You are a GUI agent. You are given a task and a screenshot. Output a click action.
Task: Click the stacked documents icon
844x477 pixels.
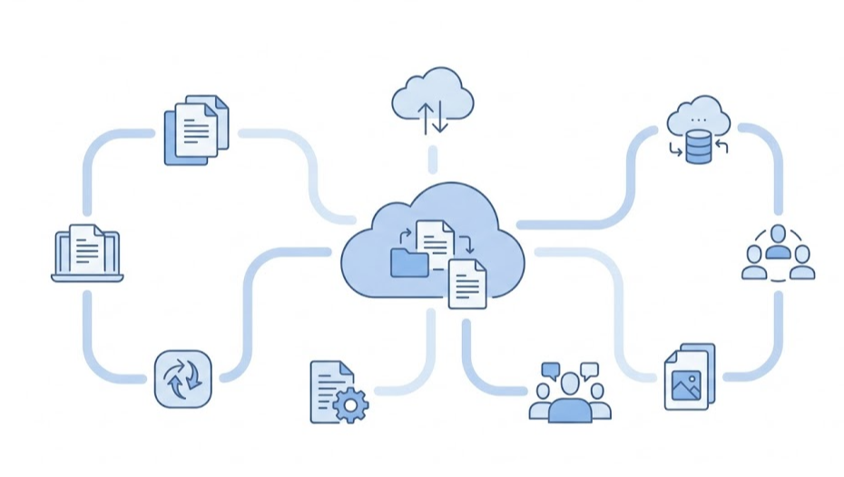click(195, 130)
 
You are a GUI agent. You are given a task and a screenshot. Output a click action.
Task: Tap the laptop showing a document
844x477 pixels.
click(86, 252)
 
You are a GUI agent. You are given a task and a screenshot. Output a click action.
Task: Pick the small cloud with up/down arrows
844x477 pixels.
click(432, 100)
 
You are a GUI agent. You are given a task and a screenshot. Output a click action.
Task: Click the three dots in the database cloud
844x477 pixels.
click(698, 120)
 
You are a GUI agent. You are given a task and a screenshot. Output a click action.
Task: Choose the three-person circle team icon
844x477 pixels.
click(778, 255)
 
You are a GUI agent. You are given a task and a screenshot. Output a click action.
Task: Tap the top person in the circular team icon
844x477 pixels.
click(778, 238)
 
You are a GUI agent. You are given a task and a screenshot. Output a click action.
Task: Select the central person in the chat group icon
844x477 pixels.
click(570, 399)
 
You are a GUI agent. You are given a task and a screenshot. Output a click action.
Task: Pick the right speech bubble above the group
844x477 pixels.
click(589, 369)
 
